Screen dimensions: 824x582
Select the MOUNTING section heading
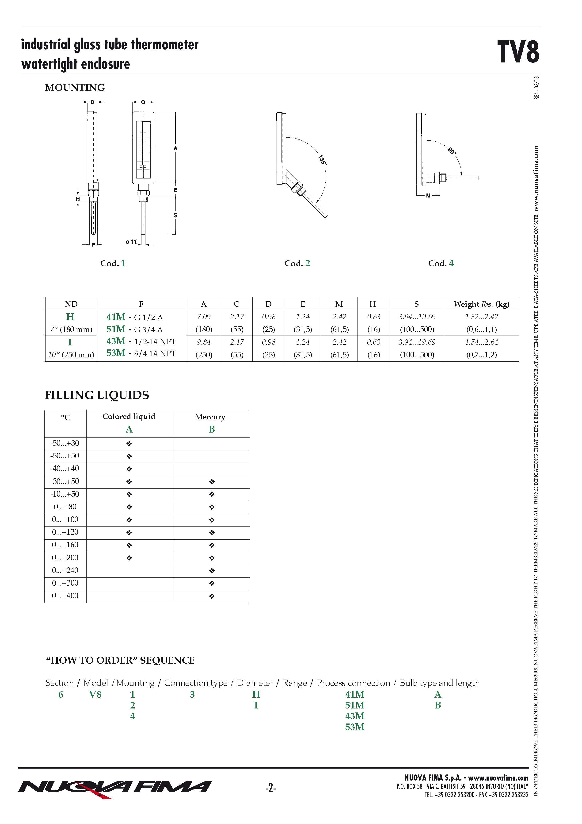point(75,88)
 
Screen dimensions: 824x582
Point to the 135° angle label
point(322,160)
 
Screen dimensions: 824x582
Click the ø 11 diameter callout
point(131,242)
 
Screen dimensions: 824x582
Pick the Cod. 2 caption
point(297,263)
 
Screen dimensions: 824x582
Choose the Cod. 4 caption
point(441,263)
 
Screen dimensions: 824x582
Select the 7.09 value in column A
point(203,317)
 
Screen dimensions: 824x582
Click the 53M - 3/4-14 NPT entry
point(141,353)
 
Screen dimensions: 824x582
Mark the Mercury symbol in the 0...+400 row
point(212,596)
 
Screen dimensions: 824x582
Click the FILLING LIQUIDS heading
point(97,395)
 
